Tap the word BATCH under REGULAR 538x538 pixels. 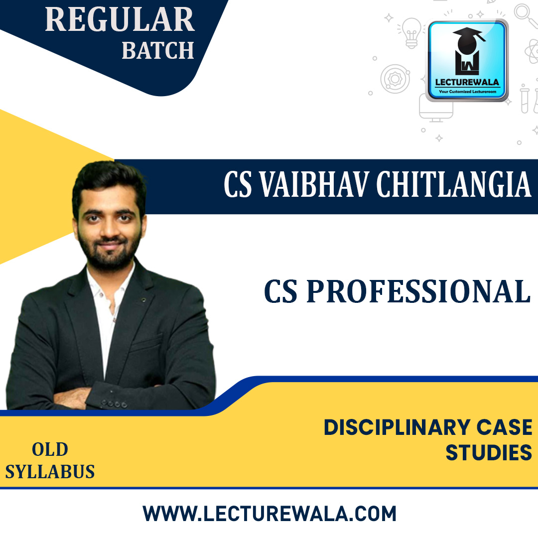[x=157, y=51]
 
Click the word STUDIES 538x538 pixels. [x=488, y=453]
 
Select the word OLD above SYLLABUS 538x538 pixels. [x=50, y=450]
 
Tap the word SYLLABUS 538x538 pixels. [x=50, y=471]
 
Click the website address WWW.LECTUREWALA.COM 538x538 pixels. [x=269, y=514]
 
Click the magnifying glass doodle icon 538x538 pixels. [x=525, y=15]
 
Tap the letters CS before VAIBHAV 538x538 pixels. [x=237, y=185]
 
